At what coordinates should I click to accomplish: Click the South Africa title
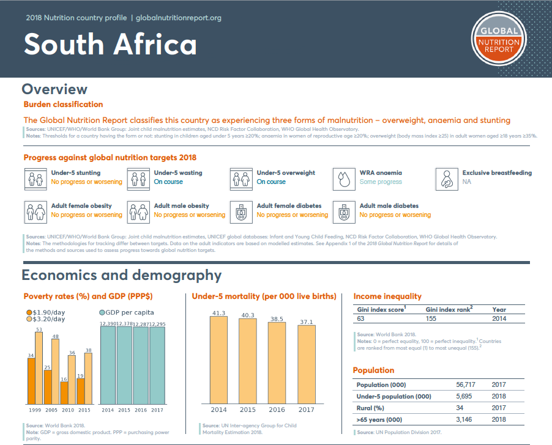click(x=110, y=45)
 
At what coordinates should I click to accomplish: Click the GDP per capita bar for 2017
click(x=157, y=364)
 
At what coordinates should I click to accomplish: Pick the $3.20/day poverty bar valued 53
click(x=39, y=367)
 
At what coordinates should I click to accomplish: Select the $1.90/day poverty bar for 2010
click(x=64, y=392)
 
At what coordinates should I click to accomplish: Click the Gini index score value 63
click(x=360, y=318)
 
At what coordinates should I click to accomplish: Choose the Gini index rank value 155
click(x=431, y=318)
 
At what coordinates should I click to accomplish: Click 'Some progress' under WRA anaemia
click(x=381, y=182)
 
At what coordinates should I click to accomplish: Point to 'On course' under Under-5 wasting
click(x=168, y=182)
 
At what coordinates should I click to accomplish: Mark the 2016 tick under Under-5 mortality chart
click(x=276, y=409)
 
